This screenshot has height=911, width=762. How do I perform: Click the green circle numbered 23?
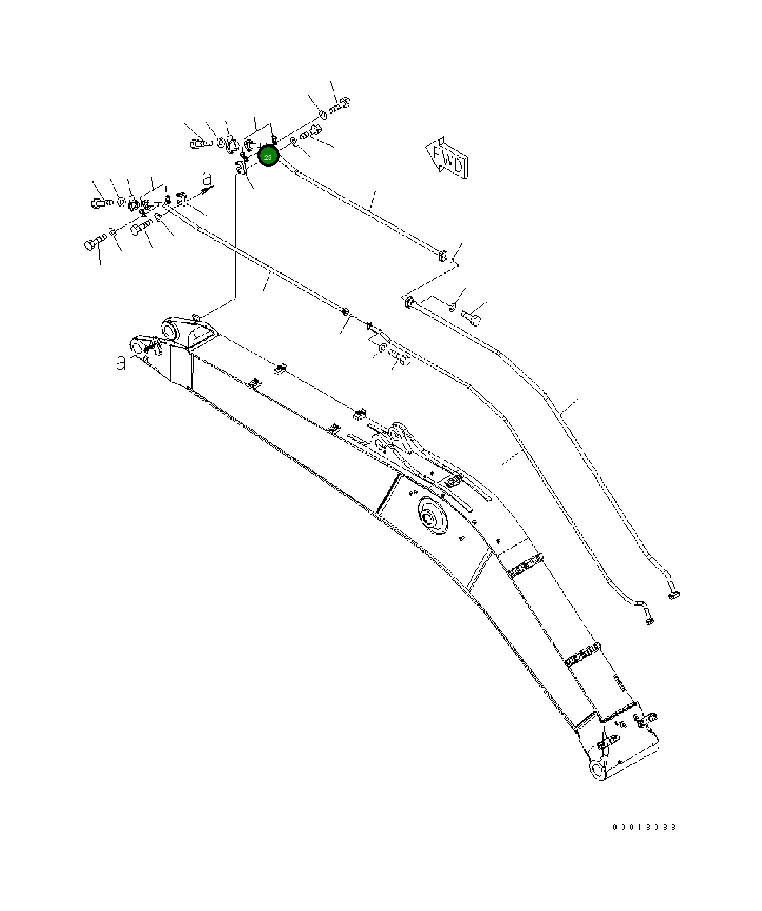[x=268, y=156]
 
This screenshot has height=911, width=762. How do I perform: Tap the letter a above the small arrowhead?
[x=206, y=178]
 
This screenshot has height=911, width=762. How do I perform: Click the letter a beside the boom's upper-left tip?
[x=121, y=363]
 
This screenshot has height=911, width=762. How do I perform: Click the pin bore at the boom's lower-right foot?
[x=597, y=769]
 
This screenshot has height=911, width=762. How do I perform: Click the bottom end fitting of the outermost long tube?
[x=674, y=595]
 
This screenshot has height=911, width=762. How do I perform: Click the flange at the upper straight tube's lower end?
[x=442, y=255]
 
